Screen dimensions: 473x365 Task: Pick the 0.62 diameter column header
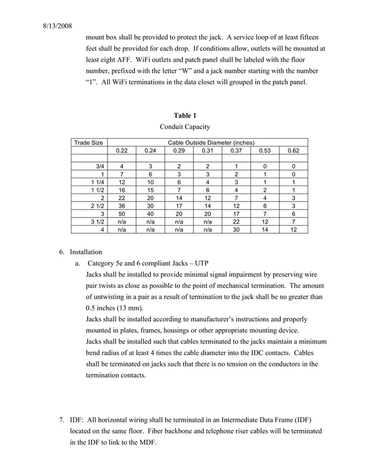(293, 151)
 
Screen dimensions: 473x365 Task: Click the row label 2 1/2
(96, 205)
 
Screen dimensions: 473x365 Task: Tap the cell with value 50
(122, 213)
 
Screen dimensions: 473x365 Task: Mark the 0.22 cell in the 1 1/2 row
(122, 190)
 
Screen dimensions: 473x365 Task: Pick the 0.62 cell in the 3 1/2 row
(293, 221)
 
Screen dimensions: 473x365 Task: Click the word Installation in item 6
(86, 252)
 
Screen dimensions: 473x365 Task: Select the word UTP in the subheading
(202, 263)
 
